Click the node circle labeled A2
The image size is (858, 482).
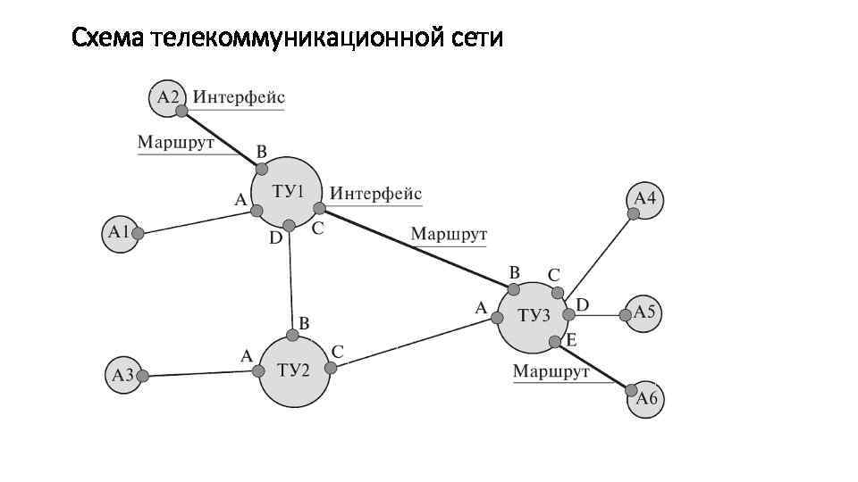click(x=167, y=96)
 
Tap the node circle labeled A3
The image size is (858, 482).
click(x=123, y=375)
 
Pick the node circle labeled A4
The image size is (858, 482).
click(x=645, y=199)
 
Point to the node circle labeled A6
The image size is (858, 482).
click(x=646, y=399)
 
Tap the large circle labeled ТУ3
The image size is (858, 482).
click(x=533, y=317)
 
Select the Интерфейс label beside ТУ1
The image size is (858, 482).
click(x=375, y=194)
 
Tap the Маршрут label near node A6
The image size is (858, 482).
click(x=551, y=371)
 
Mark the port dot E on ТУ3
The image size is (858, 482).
click(x=555, y=342)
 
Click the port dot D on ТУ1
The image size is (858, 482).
click(x=289, y=226)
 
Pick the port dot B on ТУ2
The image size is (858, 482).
click(x=292, y=337)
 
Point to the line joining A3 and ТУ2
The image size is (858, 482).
click(x=201, y=373)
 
